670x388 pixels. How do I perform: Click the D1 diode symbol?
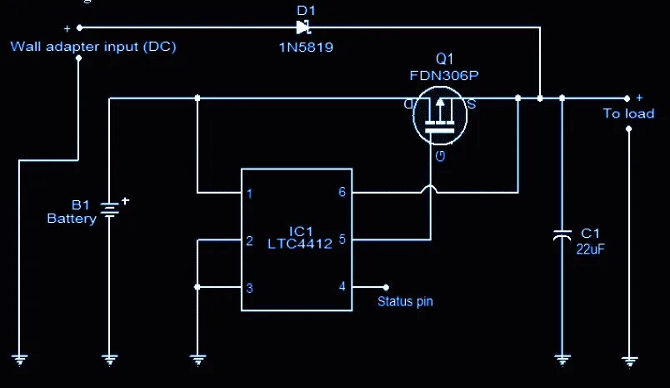click(302, 27)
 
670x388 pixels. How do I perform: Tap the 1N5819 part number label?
click(306, 48)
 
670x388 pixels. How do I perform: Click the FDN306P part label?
click(444, 75)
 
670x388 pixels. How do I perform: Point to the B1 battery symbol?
click(109, 209)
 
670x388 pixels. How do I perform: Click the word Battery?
click(72, 219)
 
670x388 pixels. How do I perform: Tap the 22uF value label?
click(590, 248)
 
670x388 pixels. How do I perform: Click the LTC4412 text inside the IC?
click(300, 244)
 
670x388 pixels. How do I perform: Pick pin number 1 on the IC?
click(249, 194)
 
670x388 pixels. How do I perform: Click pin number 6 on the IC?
click(342, 193)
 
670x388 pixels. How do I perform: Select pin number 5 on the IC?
click(342, 239)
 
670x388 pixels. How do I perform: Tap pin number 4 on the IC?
click(342, 286)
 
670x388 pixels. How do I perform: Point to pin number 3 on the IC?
click(249, 289)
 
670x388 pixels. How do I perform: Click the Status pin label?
click(405, 302)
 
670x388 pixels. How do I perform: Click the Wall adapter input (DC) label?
click(93, 46)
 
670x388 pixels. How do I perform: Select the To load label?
click(628, 113)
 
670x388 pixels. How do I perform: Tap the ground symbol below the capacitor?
click(562, 360)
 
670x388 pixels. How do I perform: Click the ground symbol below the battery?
click(109, 360)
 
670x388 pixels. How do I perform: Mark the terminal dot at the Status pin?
click(385, 286)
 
